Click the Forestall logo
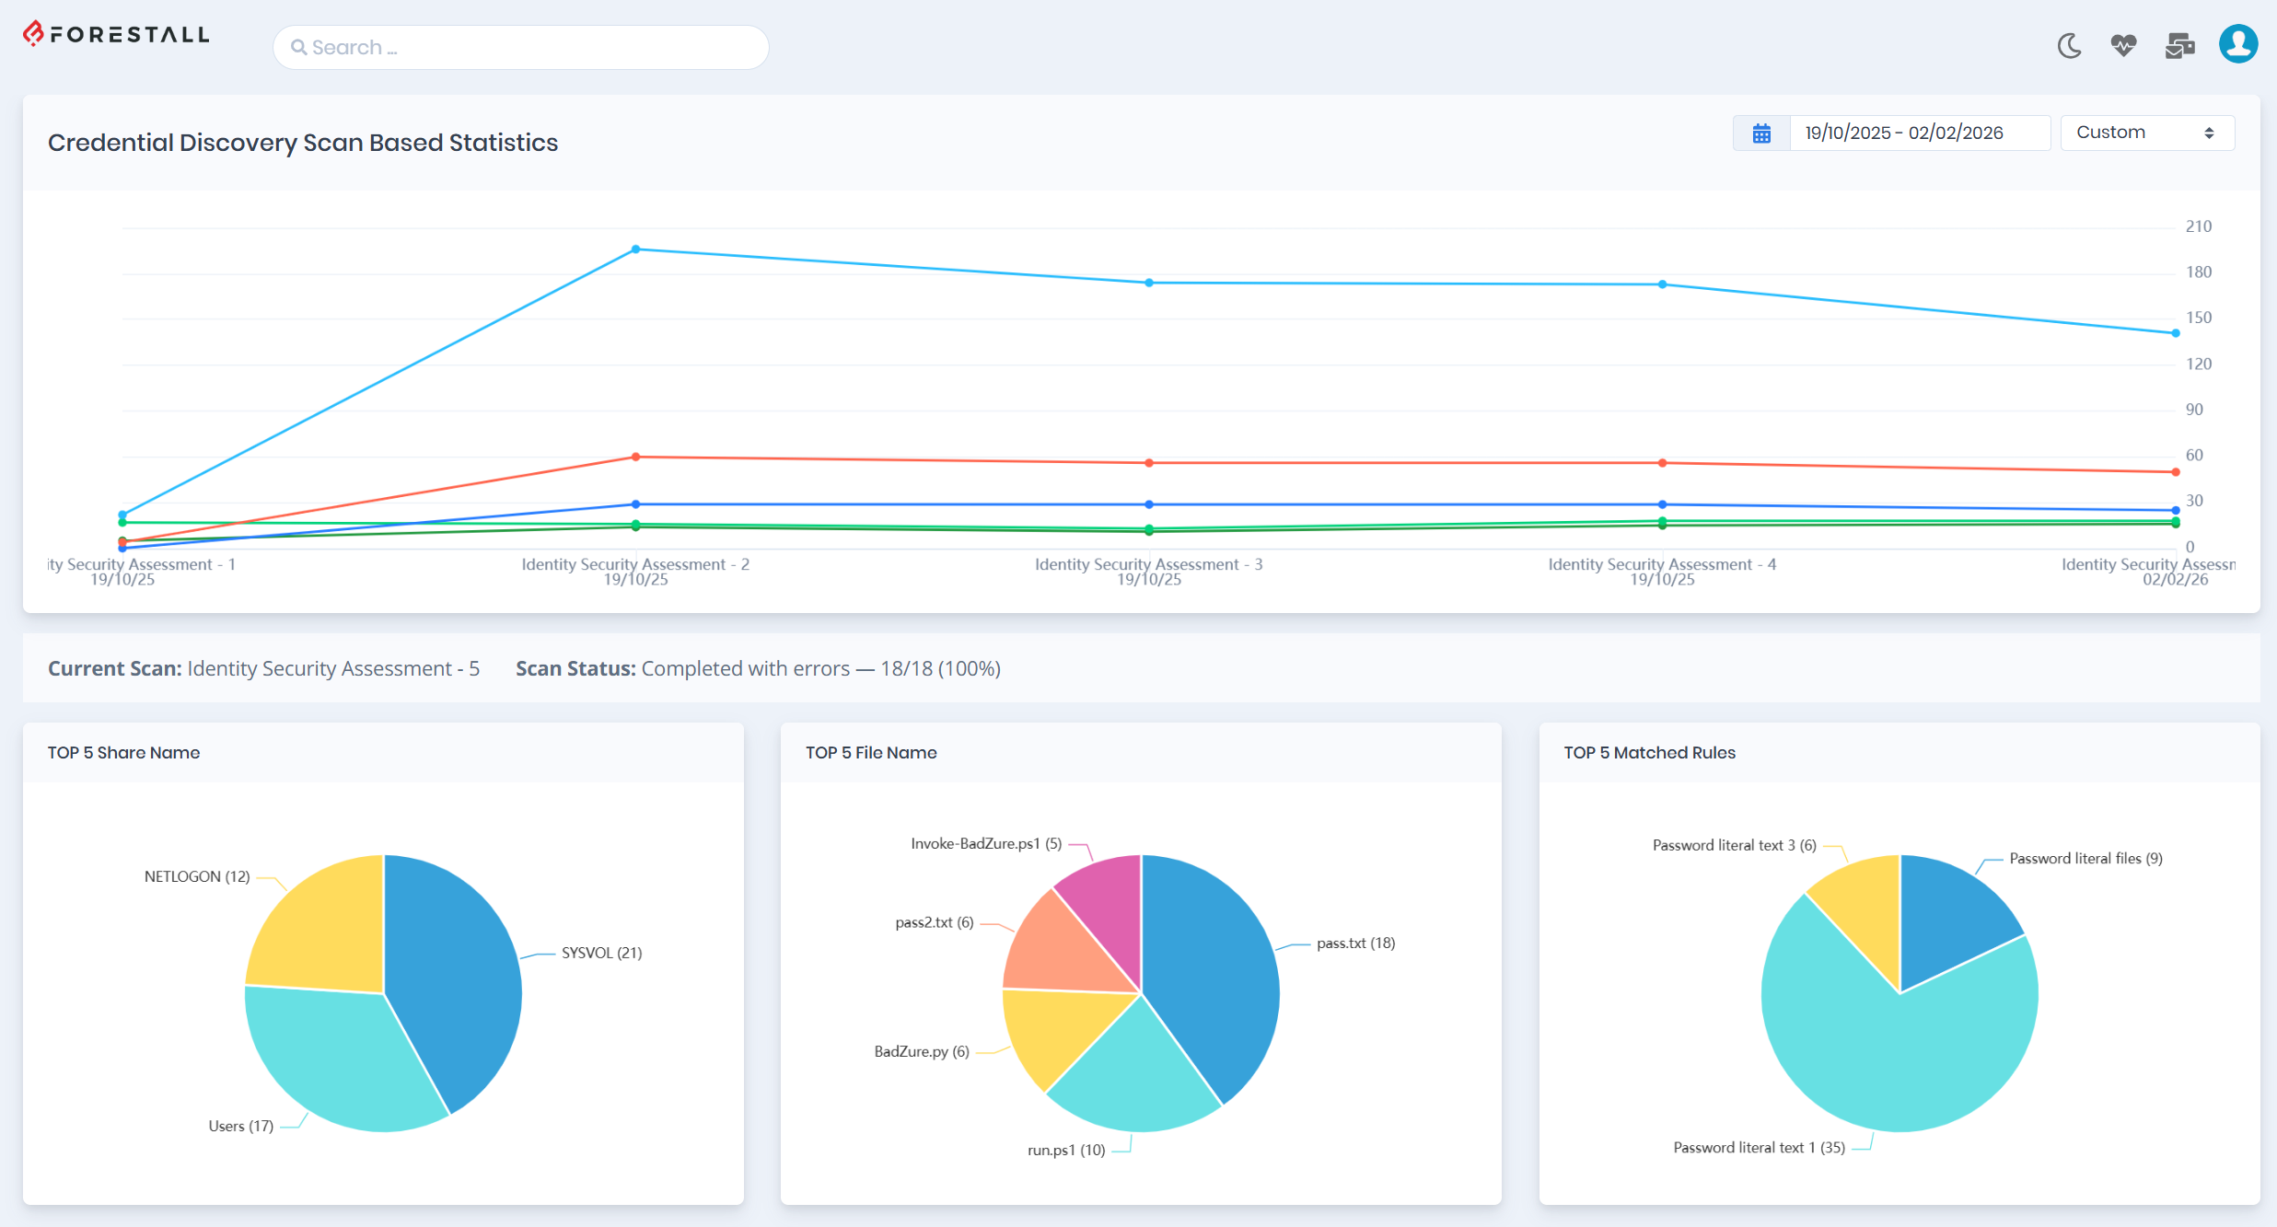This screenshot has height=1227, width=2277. [116, 35]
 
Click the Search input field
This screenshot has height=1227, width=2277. [520, 47]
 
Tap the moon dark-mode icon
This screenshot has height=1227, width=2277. [2069, 45]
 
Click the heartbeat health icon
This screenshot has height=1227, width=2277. [2123, 45]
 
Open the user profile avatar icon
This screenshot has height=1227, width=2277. [2237, 44]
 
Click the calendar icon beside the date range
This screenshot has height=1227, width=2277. [1760, 133]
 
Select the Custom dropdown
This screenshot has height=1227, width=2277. [2145, 133]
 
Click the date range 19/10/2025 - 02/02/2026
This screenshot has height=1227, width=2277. [1903, 133]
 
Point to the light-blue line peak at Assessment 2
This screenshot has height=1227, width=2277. [635, 249]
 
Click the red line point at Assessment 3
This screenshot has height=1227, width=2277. [1149, 463]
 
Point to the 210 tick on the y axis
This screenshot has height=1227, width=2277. [2198, 226]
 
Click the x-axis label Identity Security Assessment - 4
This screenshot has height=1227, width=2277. [1661, 564]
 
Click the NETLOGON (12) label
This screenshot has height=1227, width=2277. [197, 876]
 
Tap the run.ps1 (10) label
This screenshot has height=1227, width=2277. [1065, 1150]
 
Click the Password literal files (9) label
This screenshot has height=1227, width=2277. [2085, 858]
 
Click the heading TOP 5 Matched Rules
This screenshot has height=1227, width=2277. [1649, 752]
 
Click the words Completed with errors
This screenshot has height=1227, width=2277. [745, 668]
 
